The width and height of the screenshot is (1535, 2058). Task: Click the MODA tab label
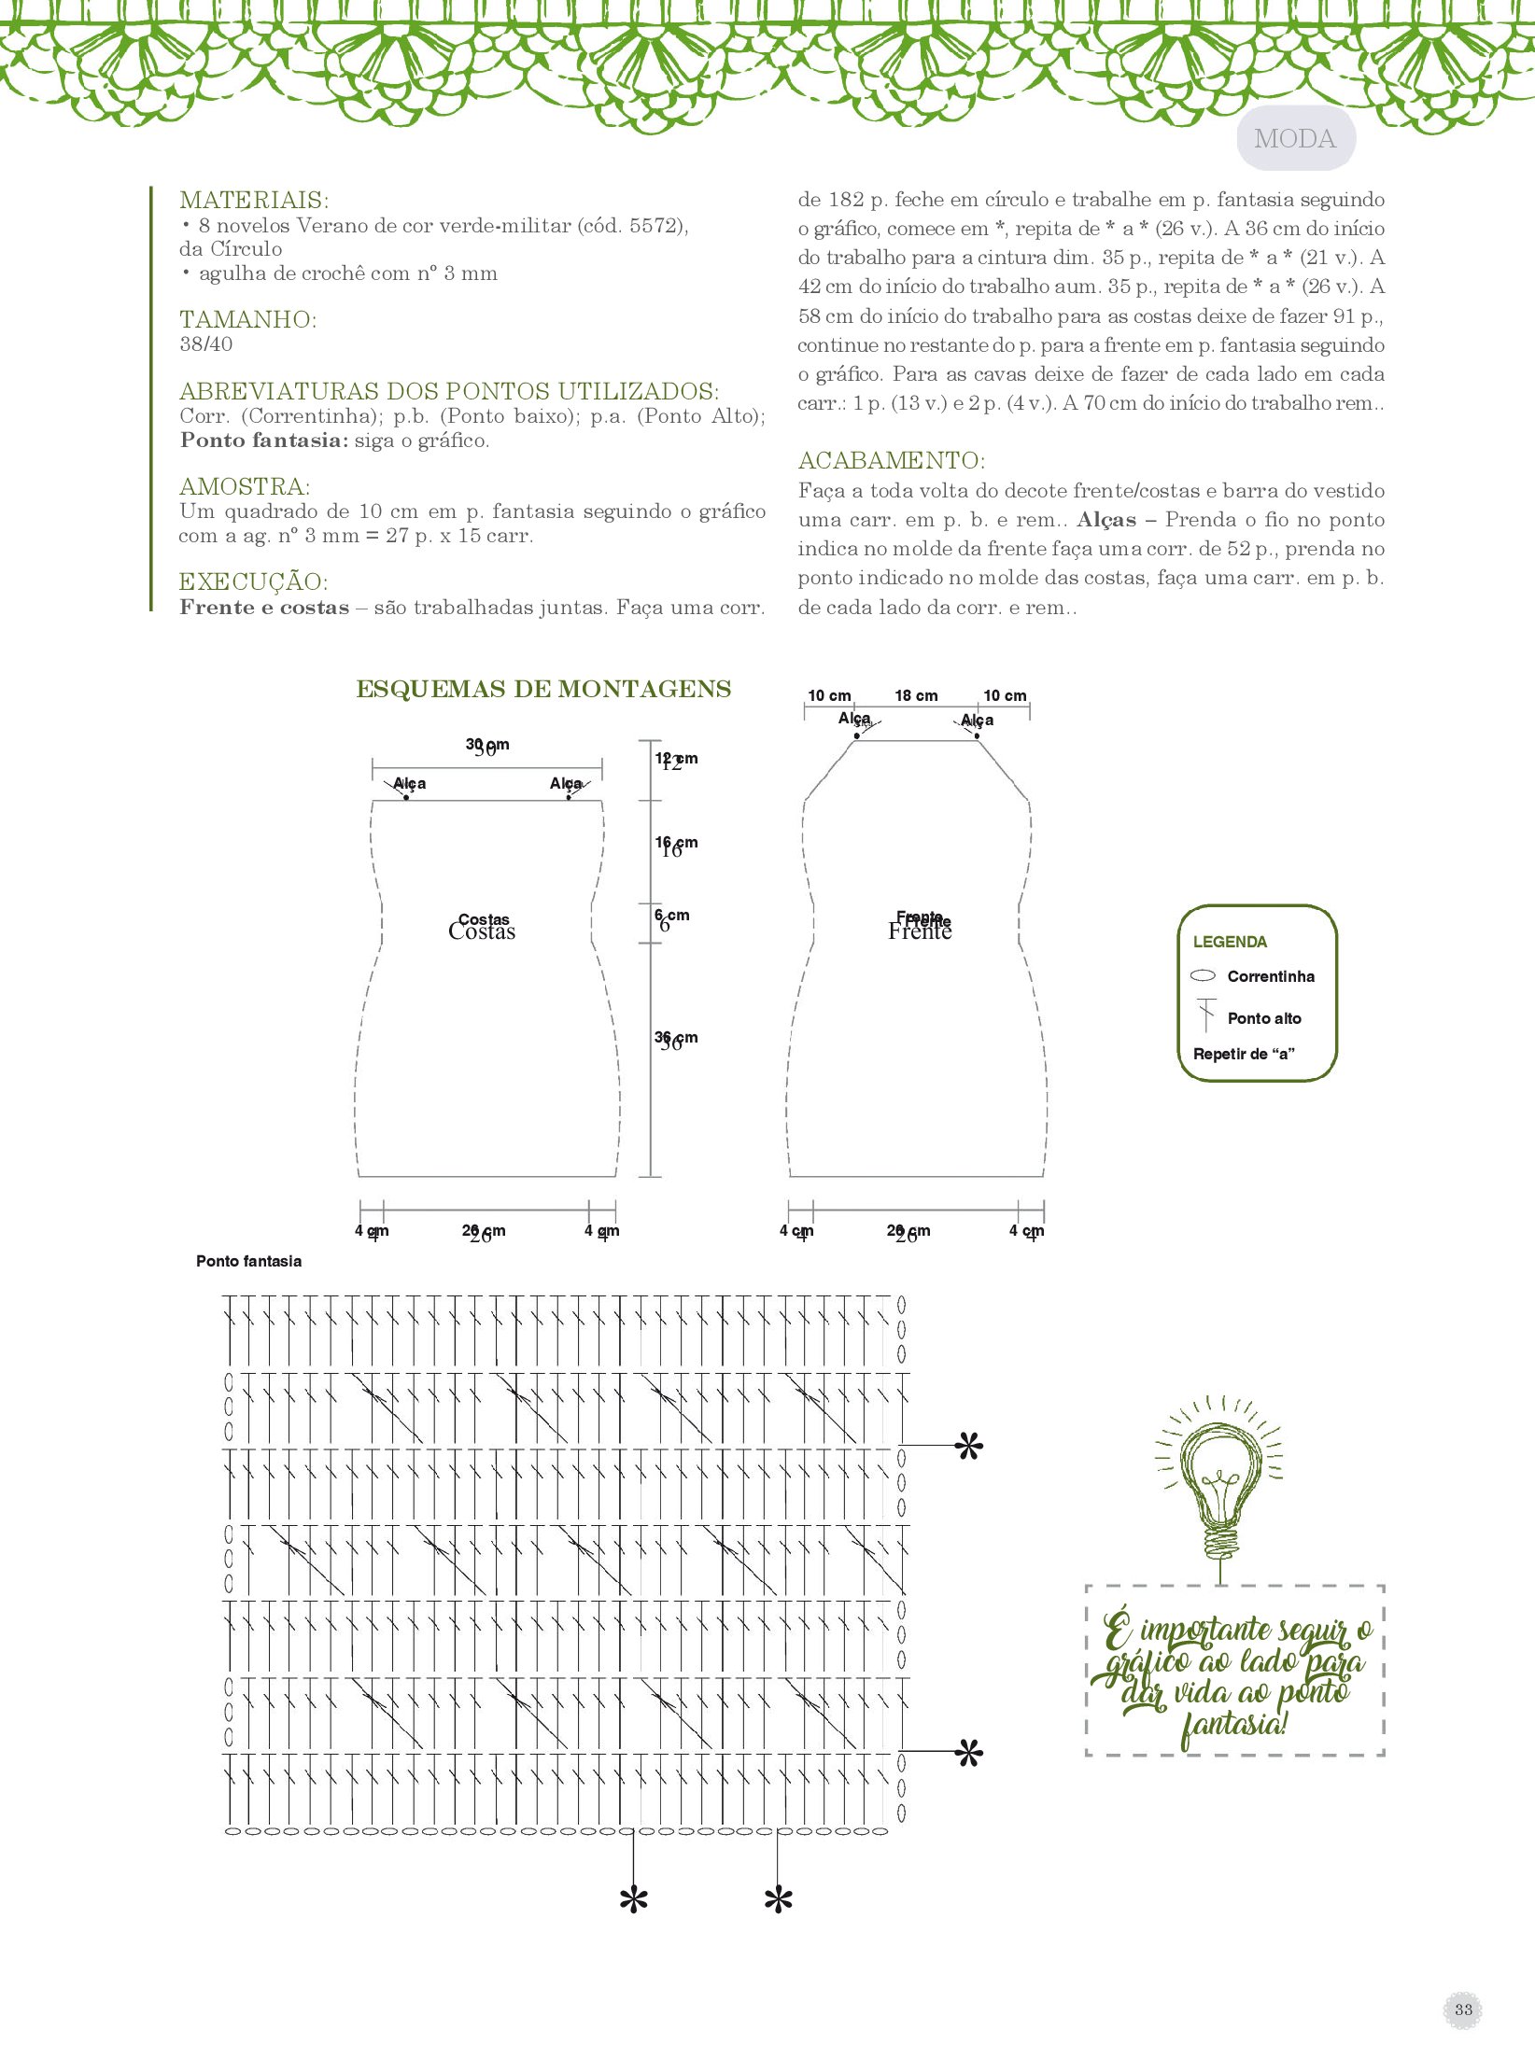[x=1294, y=139]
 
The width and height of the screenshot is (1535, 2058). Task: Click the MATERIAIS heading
[x=253, y=200]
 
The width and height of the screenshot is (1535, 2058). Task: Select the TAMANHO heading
[x=247, y=319]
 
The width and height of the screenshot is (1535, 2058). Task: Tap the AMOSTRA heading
[x=244, y=486]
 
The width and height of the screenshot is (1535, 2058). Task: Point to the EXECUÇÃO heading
[x=253, y=581]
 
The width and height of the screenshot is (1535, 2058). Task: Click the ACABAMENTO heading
[x=891, y=460]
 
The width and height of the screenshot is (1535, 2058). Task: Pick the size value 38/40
[x=206, y=344]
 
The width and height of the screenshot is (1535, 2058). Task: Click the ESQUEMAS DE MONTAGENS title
[x=543, y=689]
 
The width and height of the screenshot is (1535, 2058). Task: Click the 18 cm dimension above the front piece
[x=916, y=695]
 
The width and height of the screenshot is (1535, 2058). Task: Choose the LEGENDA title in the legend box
[x=1230, y=942]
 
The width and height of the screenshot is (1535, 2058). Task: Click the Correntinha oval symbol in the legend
[x=1203, y=975]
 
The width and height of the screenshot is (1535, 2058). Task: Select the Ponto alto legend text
[x=1263, y=1018]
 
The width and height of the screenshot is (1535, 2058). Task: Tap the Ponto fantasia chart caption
[x=248, y=1261]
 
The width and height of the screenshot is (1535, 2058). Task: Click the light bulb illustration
[x=1218, y=1488]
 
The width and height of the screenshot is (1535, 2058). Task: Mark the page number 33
[x=1463, y=2009]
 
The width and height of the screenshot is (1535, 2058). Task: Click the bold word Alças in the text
[x=1106, y=520]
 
